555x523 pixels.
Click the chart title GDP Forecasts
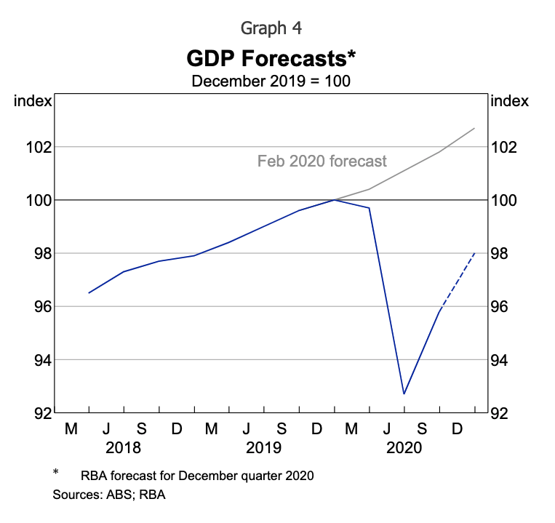(271, 57)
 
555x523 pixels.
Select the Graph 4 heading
(271, 28)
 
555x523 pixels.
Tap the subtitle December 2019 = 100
(271, 80)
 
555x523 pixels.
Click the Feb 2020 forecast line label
(322, 161)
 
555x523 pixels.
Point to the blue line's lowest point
(404, 394)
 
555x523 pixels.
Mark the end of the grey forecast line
(474, 129)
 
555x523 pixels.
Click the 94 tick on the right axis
(506, 360)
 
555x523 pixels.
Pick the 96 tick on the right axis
(506, 307)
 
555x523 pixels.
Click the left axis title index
(33, 101)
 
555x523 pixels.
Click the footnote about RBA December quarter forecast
(196, 476)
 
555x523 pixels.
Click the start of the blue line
(89, 292)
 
